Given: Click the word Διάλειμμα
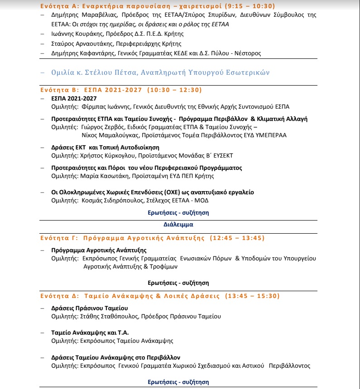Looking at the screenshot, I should coord(178,224).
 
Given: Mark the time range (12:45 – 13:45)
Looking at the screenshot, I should coord(236,238).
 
